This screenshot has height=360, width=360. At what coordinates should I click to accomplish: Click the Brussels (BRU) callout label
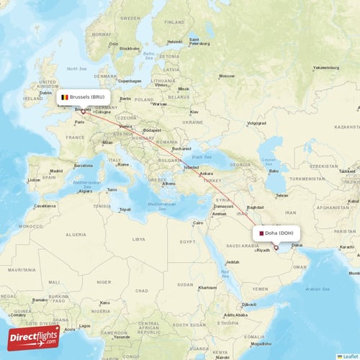coord(84,96)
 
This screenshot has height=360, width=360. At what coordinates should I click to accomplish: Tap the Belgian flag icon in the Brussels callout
coord(65,96)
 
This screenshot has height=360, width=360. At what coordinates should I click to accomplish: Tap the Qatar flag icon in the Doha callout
coord(261,233)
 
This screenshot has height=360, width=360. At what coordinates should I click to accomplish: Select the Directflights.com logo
coord(33,337)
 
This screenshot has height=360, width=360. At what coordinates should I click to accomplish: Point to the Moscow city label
coord(227,76)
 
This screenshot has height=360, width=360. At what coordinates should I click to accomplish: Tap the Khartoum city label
coord(207,287)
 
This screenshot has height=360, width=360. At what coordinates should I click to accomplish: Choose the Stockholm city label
coord(130,49)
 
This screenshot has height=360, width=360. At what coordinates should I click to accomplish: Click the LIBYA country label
coord(138,238)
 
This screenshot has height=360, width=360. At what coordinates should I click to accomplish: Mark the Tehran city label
coord(282,195)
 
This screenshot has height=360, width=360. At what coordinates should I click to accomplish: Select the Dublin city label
coord(46,93)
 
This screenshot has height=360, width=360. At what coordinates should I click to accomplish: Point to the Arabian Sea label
coord(321,289)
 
